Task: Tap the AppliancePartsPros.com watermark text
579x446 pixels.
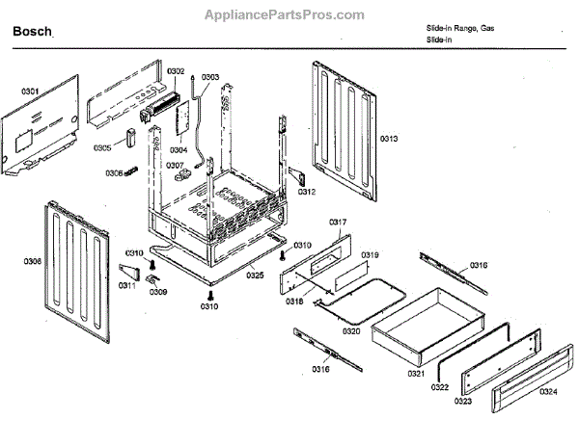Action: click(x=286, y=14)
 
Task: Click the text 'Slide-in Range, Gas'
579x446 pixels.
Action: click(x=459, y=29)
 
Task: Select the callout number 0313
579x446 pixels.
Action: click(x=388, y=140)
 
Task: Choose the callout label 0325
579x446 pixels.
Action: click(x=254, y=275)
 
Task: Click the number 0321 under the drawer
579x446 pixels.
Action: click(x=417, y=373)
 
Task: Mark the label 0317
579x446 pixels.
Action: click(x=338, y=222)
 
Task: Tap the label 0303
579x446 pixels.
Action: click(x=209, y=76)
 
